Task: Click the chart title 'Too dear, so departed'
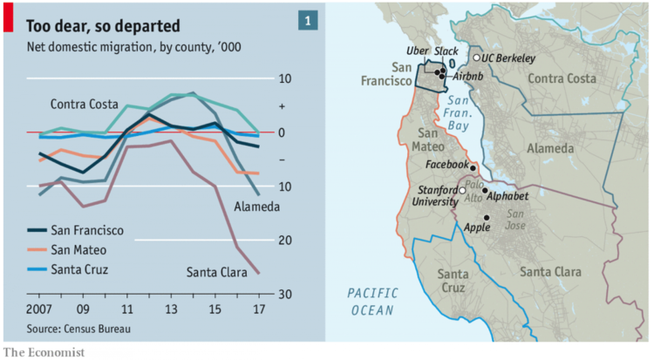point(102,23)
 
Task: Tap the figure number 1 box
point(308,20)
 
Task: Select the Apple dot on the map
point(487,218)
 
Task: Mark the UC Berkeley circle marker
point(476,58)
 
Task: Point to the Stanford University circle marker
point(463,189)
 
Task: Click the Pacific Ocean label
point(371,301)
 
